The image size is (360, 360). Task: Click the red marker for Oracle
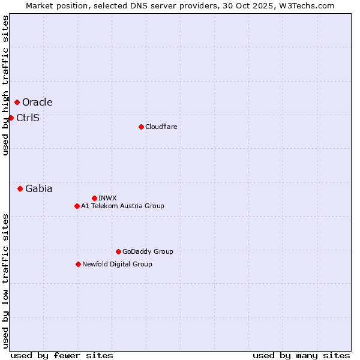coord(17,103)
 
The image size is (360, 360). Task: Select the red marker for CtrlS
coord(11,118)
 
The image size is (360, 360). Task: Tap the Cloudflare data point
coord(141,127)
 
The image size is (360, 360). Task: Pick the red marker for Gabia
coord(20,188)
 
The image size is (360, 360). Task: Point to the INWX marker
coord(94,198)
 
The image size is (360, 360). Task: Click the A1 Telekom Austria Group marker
coord(77,206)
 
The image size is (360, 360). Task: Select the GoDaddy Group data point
coord(118,251)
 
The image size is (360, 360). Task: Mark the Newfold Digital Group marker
coord(78,264)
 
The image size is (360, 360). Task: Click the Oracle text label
coord(37,103)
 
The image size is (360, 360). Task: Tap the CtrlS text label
coord(28,118)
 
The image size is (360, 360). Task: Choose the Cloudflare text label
coord(161,127)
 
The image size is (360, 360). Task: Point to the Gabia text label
coord(38,188)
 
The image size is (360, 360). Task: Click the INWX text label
coord(107,198)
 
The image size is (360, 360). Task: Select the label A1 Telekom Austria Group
coord(122,206)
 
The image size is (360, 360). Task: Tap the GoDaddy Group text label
coord(147,251)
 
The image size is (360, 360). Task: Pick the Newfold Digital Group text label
coord(117,264)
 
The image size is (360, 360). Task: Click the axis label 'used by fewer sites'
coord(62,355)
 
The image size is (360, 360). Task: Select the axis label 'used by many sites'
coord(301,355)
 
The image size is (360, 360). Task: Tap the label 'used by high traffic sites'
coord(5,85)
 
